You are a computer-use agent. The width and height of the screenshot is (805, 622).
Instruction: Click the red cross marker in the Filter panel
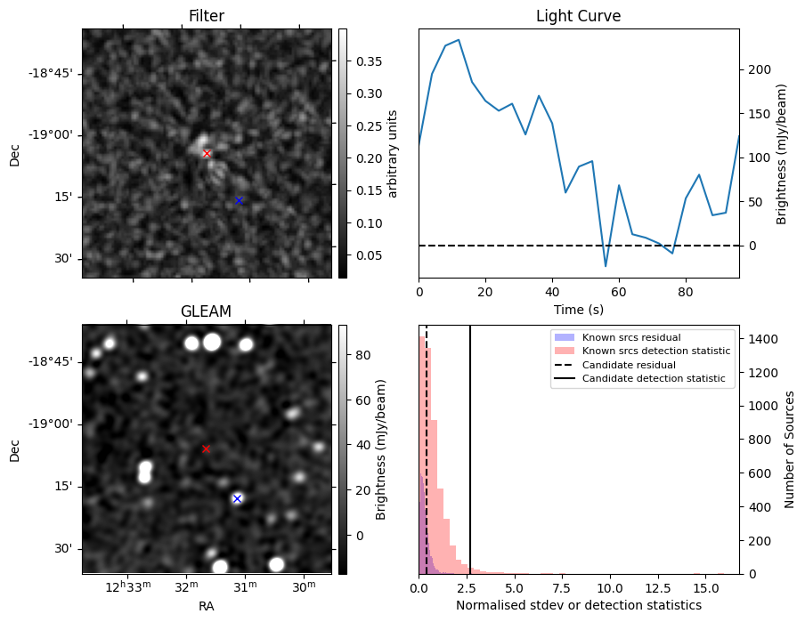coord(207,153)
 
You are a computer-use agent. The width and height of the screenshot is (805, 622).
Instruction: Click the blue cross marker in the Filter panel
coord(239,200)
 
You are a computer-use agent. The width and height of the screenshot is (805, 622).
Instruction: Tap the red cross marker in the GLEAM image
coord(206,448)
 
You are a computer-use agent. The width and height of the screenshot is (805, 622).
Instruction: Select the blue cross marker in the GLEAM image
coord(237,498)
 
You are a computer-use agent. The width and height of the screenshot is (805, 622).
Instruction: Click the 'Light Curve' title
coord(578,16)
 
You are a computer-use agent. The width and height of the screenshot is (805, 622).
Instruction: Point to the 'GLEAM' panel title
coord(206,311)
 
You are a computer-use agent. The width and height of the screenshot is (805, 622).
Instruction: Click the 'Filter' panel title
coord(206,16)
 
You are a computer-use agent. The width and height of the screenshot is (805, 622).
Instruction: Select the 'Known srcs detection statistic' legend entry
coord(656,351)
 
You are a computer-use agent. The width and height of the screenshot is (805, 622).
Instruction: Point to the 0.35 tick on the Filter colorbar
coord(363,61)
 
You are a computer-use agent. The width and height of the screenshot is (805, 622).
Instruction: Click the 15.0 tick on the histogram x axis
coord(705,588)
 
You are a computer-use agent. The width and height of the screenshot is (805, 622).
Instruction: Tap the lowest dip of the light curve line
coord(606,266)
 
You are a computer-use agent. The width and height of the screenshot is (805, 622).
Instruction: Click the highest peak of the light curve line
coord(459,39)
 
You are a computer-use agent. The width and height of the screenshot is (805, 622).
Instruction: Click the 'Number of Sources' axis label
coord(790,448)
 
